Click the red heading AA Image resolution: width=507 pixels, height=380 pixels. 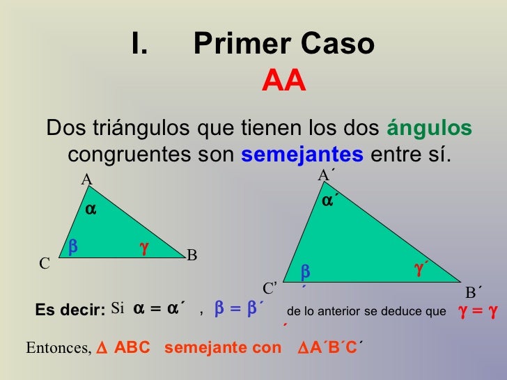click(283, 82)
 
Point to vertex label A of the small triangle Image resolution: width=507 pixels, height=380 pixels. click(87, 180)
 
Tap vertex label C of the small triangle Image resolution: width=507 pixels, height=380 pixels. click(44, 264)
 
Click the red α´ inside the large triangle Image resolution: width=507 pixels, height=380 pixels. click(330, 201)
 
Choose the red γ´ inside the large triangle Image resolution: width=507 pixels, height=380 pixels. click(421, 268)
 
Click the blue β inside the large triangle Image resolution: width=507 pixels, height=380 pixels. click(304, 271)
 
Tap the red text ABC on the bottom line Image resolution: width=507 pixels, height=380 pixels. click(132, 347)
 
